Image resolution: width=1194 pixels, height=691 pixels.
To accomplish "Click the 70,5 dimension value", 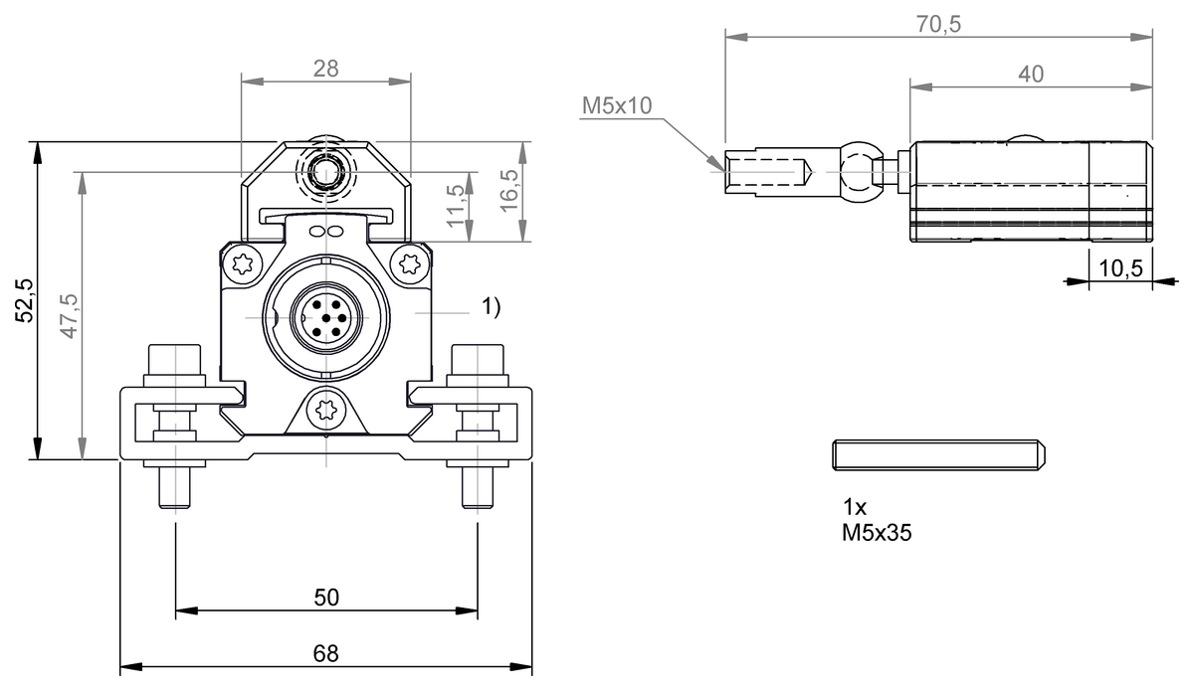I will coord(940,24).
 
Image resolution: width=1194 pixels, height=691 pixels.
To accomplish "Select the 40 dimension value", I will coord(1031,73).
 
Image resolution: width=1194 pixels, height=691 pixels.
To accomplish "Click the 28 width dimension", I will coord(326,69).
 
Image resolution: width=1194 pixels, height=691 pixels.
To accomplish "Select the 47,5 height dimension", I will coord(70,316).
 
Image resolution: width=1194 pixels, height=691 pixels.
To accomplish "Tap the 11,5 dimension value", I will coord(457,205).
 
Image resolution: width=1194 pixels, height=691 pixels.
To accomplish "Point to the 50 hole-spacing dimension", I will coord(326,597).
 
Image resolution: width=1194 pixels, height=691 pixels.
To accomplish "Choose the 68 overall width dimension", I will coord(326,654).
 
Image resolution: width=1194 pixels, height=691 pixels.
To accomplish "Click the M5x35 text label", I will coord(877,533).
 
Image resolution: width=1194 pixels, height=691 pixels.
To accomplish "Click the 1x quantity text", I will coord(854,507).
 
